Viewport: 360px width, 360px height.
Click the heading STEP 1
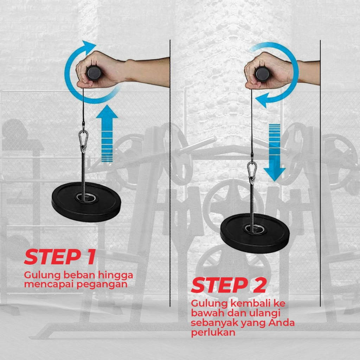[60, 257]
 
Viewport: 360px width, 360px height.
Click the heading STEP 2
[229, 285]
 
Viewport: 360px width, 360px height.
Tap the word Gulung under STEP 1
[43, 275]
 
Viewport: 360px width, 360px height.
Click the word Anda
[282, 323]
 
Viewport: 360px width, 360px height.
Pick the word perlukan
[213, 333]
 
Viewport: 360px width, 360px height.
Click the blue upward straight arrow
[107, 134]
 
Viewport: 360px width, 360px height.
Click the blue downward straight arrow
[274, 153]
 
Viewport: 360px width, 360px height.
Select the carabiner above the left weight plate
[83, 139]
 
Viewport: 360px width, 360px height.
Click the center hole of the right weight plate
[254, 229]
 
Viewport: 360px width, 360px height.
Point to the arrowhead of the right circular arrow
[262, 100]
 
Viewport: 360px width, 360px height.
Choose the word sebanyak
[215, 323]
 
